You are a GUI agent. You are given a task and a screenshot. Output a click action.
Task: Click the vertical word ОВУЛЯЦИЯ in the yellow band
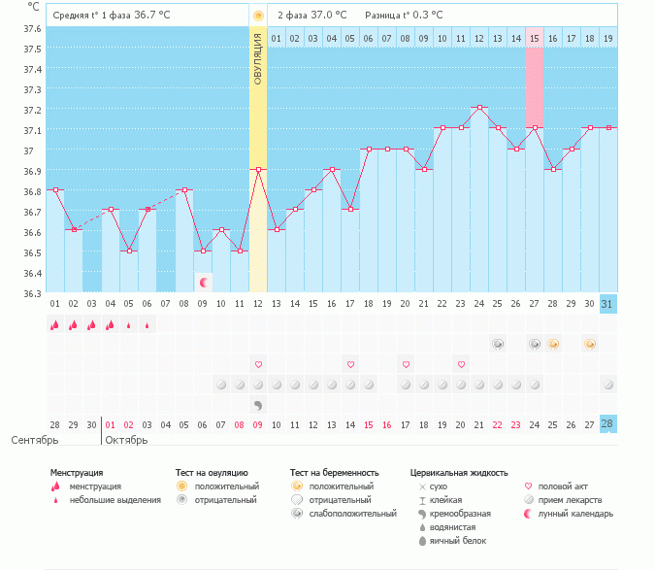(x=258, y=58)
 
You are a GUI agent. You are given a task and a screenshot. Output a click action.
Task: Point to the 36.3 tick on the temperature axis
(x=33, y=293)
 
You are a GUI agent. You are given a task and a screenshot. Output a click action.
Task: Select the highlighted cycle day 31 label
(x=607, y=304)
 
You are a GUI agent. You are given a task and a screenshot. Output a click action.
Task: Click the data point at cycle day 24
(x=478, y=107)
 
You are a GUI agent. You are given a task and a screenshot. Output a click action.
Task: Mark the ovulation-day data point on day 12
(x=258, y=169)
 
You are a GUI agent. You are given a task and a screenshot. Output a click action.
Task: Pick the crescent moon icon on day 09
(x=203, y=283)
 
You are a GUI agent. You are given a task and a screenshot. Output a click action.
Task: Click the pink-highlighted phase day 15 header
(x=535, y=38)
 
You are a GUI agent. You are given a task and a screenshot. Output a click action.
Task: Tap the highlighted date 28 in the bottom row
(x=607, y=424)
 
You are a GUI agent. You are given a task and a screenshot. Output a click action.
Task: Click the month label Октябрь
(x=126, y=440)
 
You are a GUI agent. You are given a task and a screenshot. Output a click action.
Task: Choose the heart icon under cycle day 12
(x=258, y=364)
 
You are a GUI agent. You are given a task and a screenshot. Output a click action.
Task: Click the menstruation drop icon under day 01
(x=55, y=325)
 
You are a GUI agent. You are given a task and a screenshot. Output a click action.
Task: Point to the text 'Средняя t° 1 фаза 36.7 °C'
(x=104, y=16)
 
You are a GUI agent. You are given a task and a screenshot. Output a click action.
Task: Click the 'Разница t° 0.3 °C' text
(x=404, y=16)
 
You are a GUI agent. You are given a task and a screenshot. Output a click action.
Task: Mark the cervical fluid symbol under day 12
(x=258, y=404)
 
